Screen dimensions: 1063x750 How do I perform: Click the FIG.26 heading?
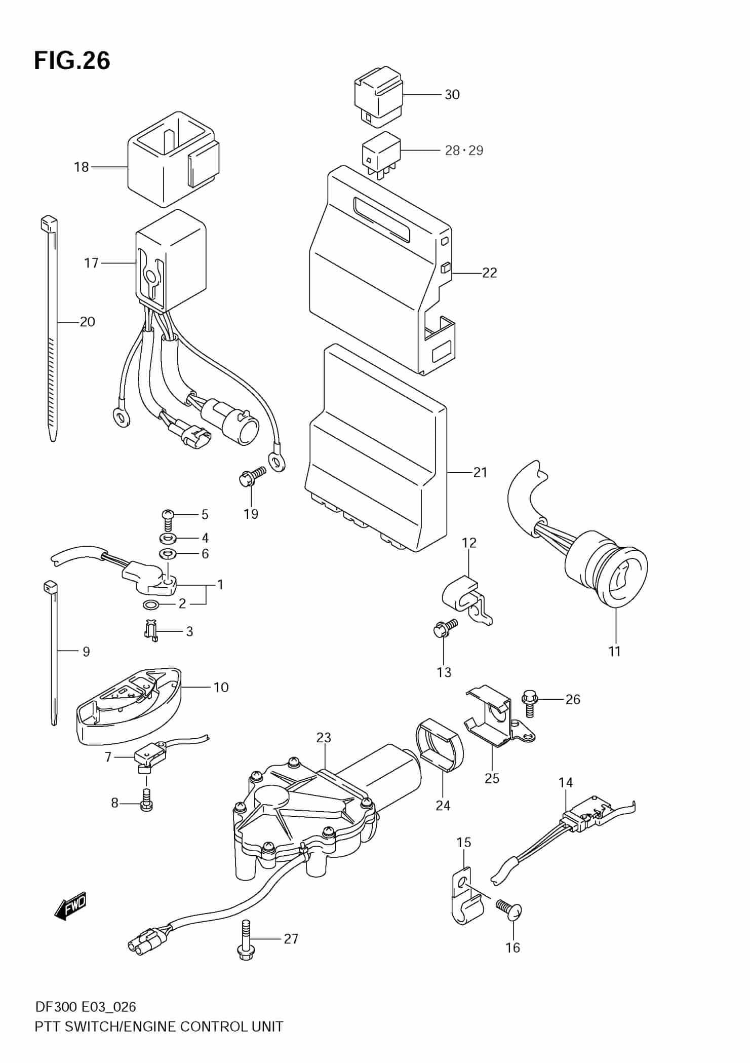click(72, 61)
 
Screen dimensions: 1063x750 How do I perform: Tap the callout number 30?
click(452, 95)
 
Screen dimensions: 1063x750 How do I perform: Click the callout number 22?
click(489, 273)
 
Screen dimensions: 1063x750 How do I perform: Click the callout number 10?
click(221, 688)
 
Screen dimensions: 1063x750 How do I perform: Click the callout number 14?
click(565, 783)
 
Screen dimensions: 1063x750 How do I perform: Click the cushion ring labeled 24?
click(439, 752)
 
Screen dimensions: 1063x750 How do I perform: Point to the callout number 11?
click(614, 652)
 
